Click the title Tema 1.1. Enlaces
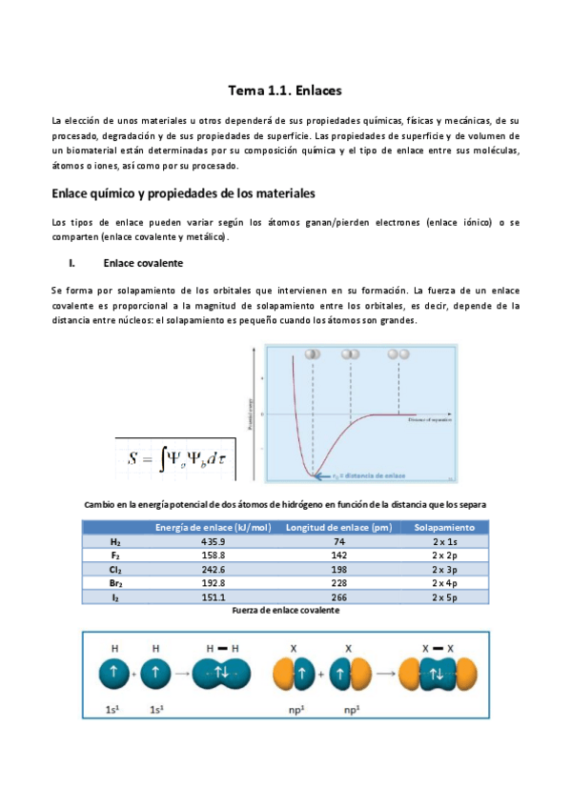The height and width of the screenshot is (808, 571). coord(285,91)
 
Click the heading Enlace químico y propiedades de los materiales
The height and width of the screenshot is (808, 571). coord(182,193)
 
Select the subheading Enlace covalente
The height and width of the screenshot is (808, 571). coord(143,262)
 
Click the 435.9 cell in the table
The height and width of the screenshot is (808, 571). coord(213,540)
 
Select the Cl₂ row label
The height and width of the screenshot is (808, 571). coord(115,569)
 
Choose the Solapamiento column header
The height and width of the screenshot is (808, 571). coord(444,527)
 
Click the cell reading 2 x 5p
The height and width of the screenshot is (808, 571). coord(444,596)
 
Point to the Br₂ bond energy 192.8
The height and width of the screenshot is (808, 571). coord(213,582)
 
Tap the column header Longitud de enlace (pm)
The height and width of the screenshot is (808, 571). coord(339,527)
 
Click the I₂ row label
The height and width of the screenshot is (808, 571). coord(115,596)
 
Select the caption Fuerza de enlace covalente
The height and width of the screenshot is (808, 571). coord(286,610)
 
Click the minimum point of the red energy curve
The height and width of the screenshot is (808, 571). coord(312,473)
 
